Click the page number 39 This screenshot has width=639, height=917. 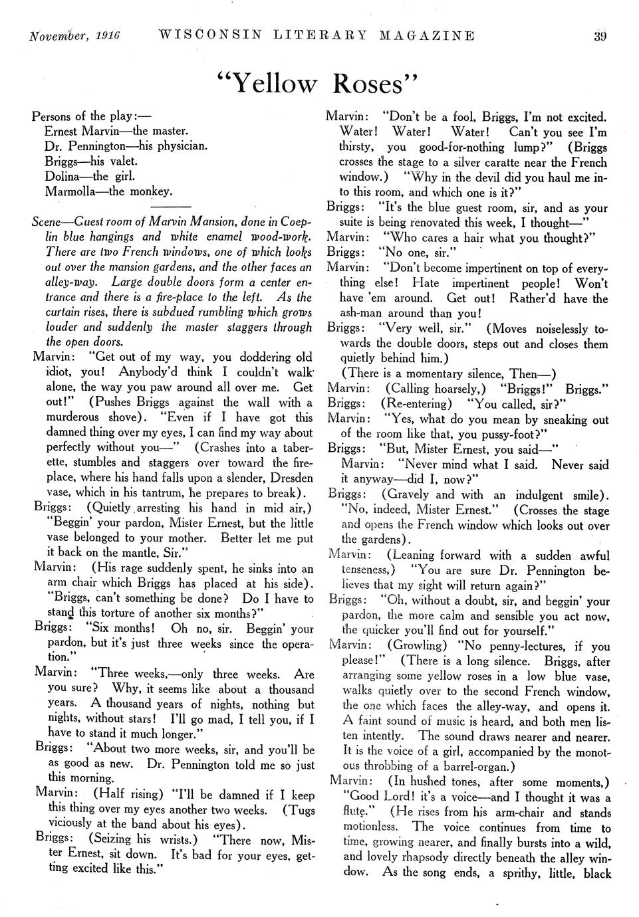point(600,36)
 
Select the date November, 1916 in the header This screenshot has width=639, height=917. point(74,36)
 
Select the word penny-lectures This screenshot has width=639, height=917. point(514,646)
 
